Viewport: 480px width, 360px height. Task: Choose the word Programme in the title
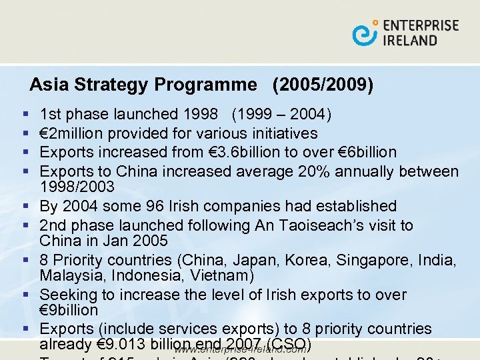tap(205, 85)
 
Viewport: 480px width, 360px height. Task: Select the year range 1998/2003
tap(79, 186)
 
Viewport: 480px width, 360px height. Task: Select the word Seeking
tap(67, 295)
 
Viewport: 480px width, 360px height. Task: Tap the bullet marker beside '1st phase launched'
tap(25, 115)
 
